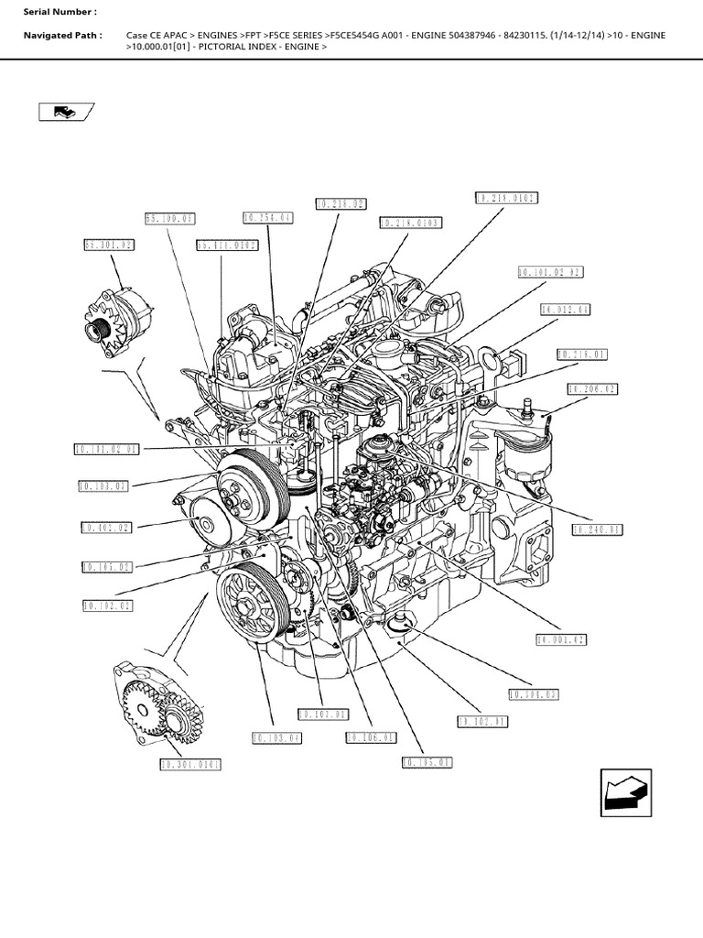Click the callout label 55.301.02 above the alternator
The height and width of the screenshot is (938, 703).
(x=109, y=245)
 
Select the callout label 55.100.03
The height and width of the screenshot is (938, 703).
(x=170, y=219)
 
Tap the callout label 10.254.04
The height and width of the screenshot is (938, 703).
(x=268, y=218)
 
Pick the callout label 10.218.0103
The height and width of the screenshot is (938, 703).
(x=410, y=223)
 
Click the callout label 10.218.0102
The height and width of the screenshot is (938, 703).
(x=506, y=198)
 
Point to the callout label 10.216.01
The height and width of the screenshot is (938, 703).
(x=582, y=354)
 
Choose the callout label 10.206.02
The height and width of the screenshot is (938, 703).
(x=592, y=389)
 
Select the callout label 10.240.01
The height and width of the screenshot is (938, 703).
(x=597, y=529)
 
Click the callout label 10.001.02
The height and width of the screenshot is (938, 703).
(x=562, y=639)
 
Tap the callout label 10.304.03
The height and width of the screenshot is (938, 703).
(x=534, y=694)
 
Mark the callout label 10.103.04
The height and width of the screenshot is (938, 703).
(x=276, y=737)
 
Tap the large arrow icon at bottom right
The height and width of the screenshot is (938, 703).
(x=626, y=791)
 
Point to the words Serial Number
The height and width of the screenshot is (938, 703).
(x=59, y=12)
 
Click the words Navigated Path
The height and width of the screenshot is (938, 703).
(x=62, y=35)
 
